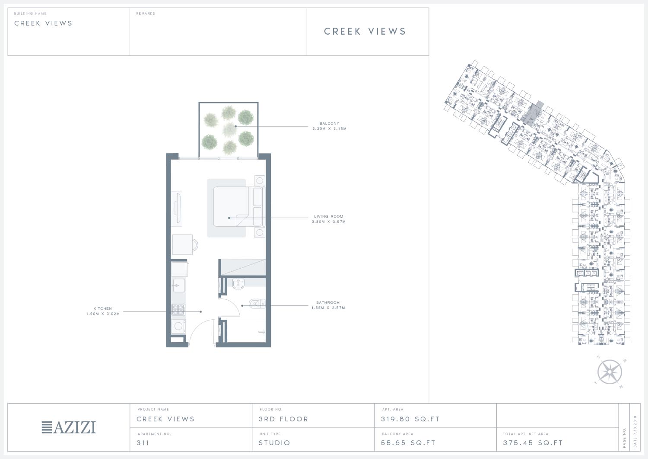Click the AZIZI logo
point(69,427)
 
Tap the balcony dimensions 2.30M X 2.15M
point(329,128)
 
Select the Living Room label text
point(329,216)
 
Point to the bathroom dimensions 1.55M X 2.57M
point(328,308)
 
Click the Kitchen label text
point(103,308)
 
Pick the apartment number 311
point(143,443)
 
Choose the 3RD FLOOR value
point(283,419)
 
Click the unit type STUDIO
point(274,443)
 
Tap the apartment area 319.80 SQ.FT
point(410,419)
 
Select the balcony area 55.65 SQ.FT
point(408,443)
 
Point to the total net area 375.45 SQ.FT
point(533,443)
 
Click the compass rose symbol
point(610,372)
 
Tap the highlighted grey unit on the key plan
point(534,113)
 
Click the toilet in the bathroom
point(257,303)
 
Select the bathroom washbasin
point(238,284)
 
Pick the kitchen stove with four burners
point(178,309)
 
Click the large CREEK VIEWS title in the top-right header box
point(365,31)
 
